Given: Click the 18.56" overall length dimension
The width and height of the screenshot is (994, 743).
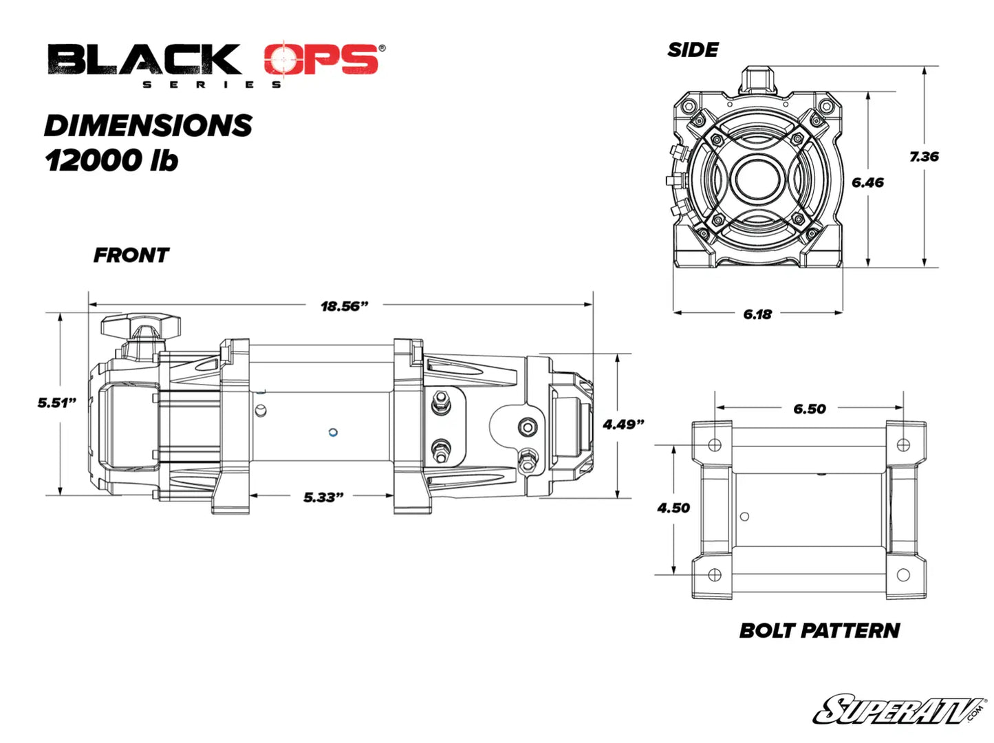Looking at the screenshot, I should (x=344, y=306).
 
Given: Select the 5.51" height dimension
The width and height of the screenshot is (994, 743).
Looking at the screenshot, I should (x=56, y=402).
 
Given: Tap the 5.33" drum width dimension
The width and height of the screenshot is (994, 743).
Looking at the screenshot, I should (x=323, y=497).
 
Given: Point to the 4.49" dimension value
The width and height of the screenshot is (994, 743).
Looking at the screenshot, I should (x=623, y=424).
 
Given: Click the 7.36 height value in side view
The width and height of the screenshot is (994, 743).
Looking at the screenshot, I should (x=923, y=157).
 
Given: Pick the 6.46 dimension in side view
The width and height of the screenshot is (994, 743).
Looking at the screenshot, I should (x=867, y=182).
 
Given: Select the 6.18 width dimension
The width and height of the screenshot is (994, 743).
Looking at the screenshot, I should (x=757, y=314).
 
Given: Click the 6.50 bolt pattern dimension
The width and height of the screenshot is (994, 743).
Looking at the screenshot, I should (x=809, y=409).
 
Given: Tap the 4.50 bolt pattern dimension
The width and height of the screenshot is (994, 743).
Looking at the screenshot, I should (x=673, y=508).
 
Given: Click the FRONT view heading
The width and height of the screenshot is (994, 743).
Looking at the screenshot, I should (x=131, y=255).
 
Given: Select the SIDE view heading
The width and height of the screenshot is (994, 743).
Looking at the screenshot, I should (x=693, y=50).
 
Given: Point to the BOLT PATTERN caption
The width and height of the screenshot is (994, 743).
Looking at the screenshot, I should (x=819, y=630).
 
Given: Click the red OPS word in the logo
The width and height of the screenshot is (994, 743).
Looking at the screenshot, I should (x=321, y=60).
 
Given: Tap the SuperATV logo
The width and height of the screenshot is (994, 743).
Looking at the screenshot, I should (x=900, y=710).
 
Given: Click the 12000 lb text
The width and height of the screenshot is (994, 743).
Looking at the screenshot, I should (x=111, y=160).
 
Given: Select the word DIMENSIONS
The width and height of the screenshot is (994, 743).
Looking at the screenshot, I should (x=148, y=125).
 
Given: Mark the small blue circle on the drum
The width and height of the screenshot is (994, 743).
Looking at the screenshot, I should (x=333, y=433).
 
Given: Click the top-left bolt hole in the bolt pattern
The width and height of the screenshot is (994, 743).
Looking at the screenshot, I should (x=715, y=444).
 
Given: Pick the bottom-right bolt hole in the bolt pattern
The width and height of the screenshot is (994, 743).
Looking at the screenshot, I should (x=903, y=574).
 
